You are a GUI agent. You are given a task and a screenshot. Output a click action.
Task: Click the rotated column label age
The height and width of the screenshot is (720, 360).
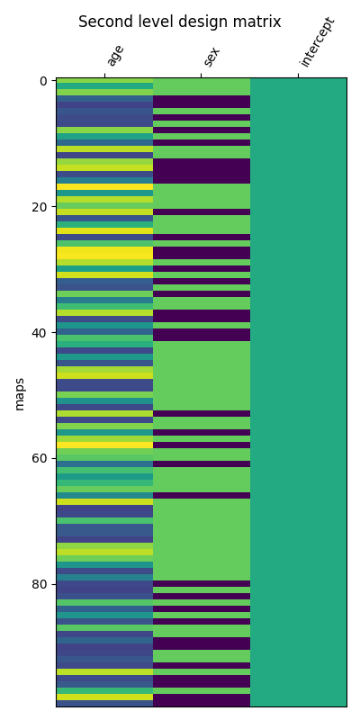point(115,55)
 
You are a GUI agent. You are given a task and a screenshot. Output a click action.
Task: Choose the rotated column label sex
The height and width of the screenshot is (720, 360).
point(212,56)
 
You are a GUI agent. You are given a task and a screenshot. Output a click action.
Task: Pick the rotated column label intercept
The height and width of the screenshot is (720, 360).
point(318,41)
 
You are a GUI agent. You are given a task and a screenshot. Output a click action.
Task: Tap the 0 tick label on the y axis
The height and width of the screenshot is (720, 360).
point(44,81)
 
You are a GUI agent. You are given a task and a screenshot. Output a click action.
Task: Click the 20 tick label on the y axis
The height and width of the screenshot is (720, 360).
point(40,207)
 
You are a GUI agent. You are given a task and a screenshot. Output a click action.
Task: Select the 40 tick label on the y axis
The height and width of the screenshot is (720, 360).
point(40,332)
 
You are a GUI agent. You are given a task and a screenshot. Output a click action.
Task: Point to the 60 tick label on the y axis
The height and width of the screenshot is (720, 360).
point(40,458)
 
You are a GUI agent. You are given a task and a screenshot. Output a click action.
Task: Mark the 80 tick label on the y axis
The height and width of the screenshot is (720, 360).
point(40,584)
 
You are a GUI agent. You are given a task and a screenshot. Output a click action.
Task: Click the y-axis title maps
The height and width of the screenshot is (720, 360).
point(20,393)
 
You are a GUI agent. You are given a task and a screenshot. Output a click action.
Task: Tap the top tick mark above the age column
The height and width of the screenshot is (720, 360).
point(104,76)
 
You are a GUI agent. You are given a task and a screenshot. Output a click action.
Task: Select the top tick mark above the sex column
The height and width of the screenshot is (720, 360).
point(202,76)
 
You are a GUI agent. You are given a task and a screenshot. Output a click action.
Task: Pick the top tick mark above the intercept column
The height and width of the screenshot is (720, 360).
point(298,76)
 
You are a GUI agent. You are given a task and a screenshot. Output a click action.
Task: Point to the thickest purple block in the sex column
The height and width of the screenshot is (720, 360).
point(202,171)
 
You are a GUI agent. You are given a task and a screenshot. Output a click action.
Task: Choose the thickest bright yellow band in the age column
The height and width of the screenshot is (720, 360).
point(104,253)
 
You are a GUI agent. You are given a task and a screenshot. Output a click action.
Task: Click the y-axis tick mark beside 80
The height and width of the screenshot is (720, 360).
point(54,584)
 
